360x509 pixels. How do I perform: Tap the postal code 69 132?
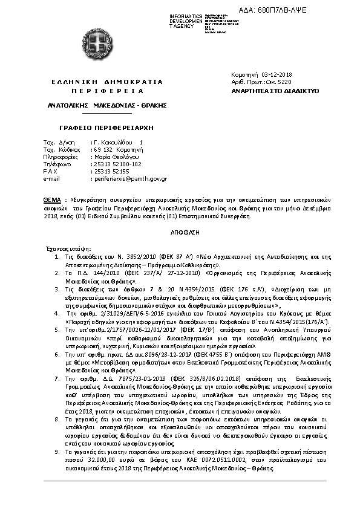(103, 149)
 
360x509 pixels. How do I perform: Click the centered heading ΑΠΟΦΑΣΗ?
(179, 232)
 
